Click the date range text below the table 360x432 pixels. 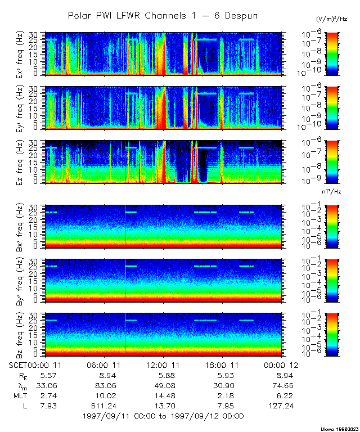pyautogui.click(x=163, y=416)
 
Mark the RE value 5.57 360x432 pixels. pyautogui.click(x=45, y=375)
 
